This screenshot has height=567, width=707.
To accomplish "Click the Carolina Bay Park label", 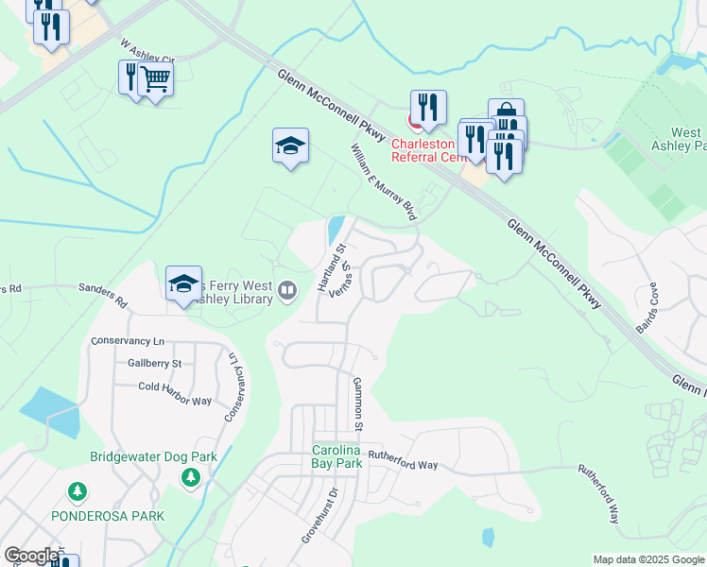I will click(x=336, y=457).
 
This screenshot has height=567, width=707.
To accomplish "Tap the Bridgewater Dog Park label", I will click(x=153, y=457).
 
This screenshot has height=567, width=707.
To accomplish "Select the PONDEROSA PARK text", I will click(x=109, y=516).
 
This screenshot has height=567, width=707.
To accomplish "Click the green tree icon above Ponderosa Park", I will click(x=78, y=491).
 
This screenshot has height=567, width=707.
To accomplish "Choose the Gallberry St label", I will click(x=153, y=363).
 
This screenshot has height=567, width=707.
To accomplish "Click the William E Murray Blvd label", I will click(x=383, y=182).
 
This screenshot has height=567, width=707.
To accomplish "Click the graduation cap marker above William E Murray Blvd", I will click(x=291, y=146).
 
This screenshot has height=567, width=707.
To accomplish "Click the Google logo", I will click(x=31, y=556).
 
